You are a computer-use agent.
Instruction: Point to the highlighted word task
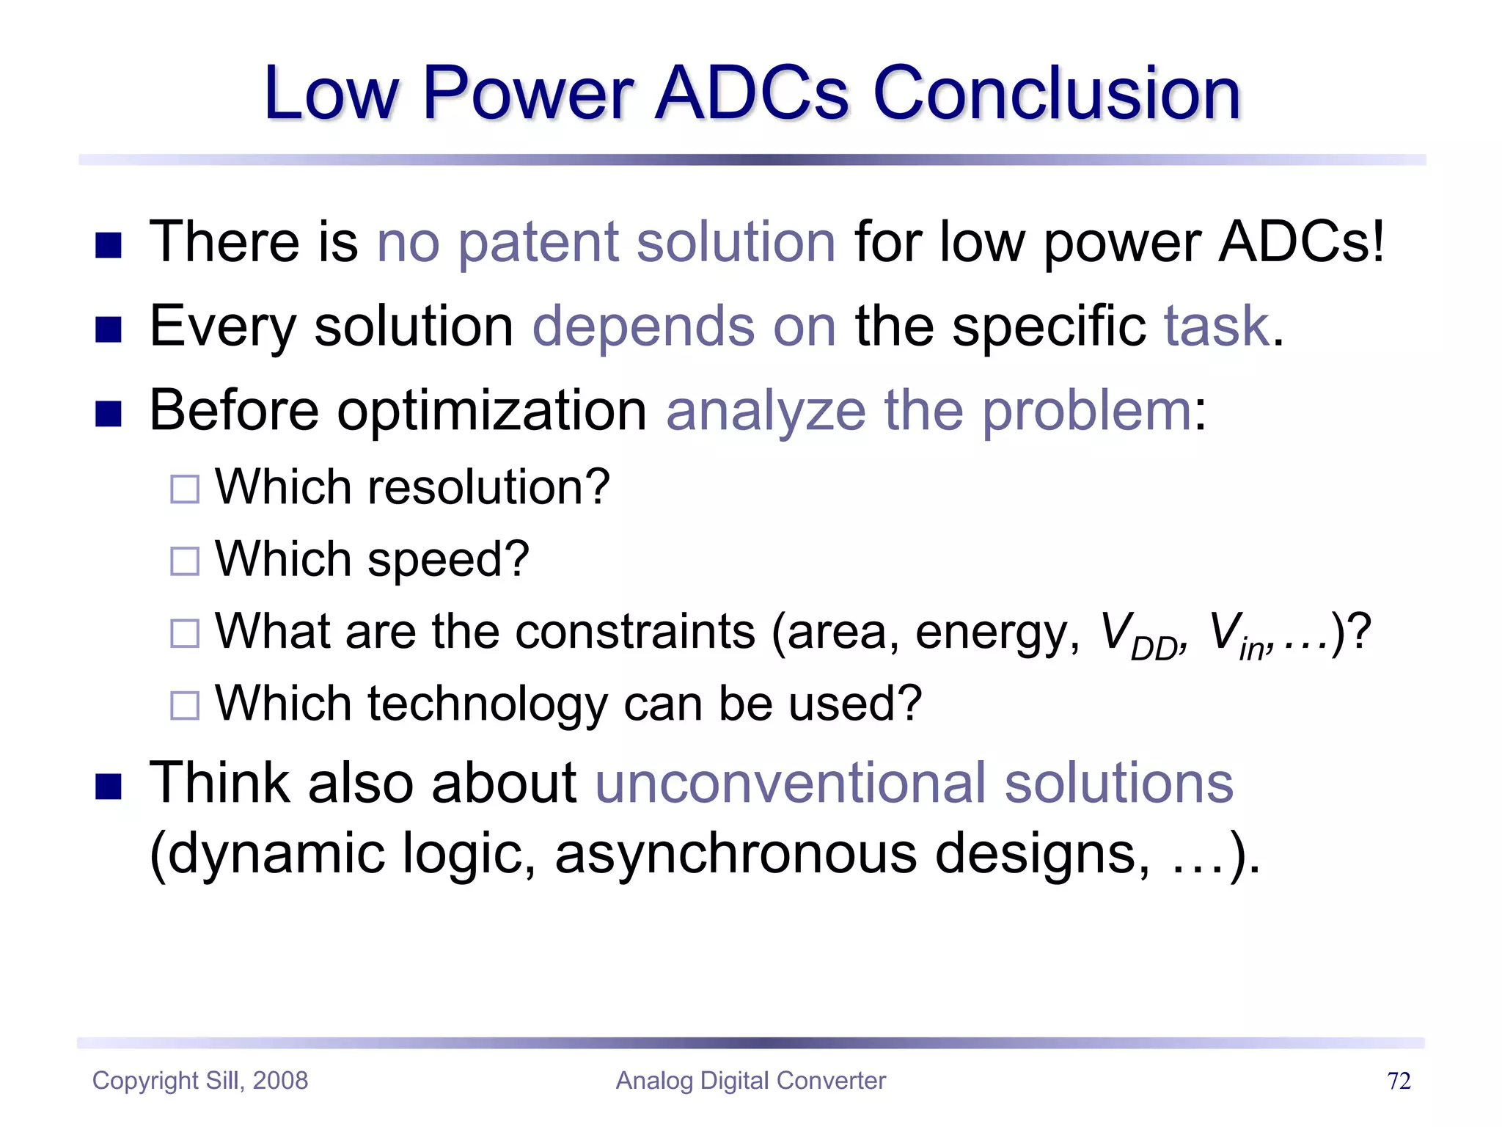coord(1217,327)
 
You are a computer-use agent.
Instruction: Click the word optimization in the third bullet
coord(491,411)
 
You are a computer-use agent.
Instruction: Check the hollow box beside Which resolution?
coord(185,489)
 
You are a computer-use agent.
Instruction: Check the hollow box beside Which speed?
coord(185,561)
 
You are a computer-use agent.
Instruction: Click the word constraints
coord(634,632)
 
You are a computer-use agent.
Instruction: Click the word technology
coord(487,704)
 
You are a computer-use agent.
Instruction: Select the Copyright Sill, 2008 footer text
coord(200,1081)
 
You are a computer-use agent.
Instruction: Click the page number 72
coord(1399,1081)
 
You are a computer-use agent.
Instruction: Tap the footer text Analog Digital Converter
coord(750,1081)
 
